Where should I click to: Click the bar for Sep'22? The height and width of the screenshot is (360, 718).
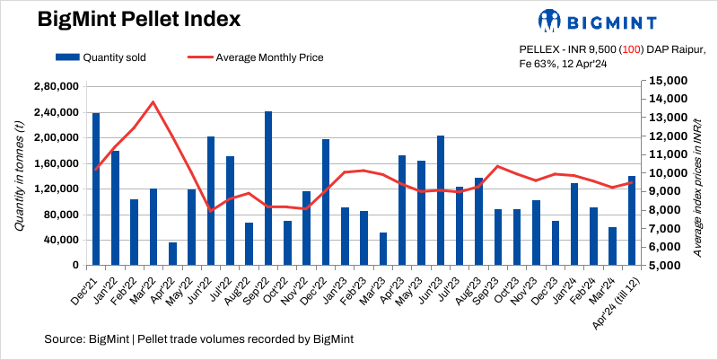tap(268, 189)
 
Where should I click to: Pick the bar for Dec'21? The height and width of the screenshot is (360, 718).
tap(96, 189)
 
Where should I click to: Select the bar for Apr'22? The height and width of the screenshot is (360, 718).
tap(172, 254)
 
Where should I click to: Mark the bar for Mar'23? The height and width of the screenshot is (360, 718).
tap(383, 249)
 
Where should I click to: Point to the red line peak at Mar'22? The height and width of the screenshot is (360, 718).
tap(153, 101)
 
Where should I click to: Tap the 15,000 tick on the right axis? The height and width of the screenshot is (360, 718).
tap(667, 80)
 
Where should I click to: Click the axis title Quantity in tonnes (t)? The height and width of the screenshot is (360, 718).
tap(19, 176)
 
